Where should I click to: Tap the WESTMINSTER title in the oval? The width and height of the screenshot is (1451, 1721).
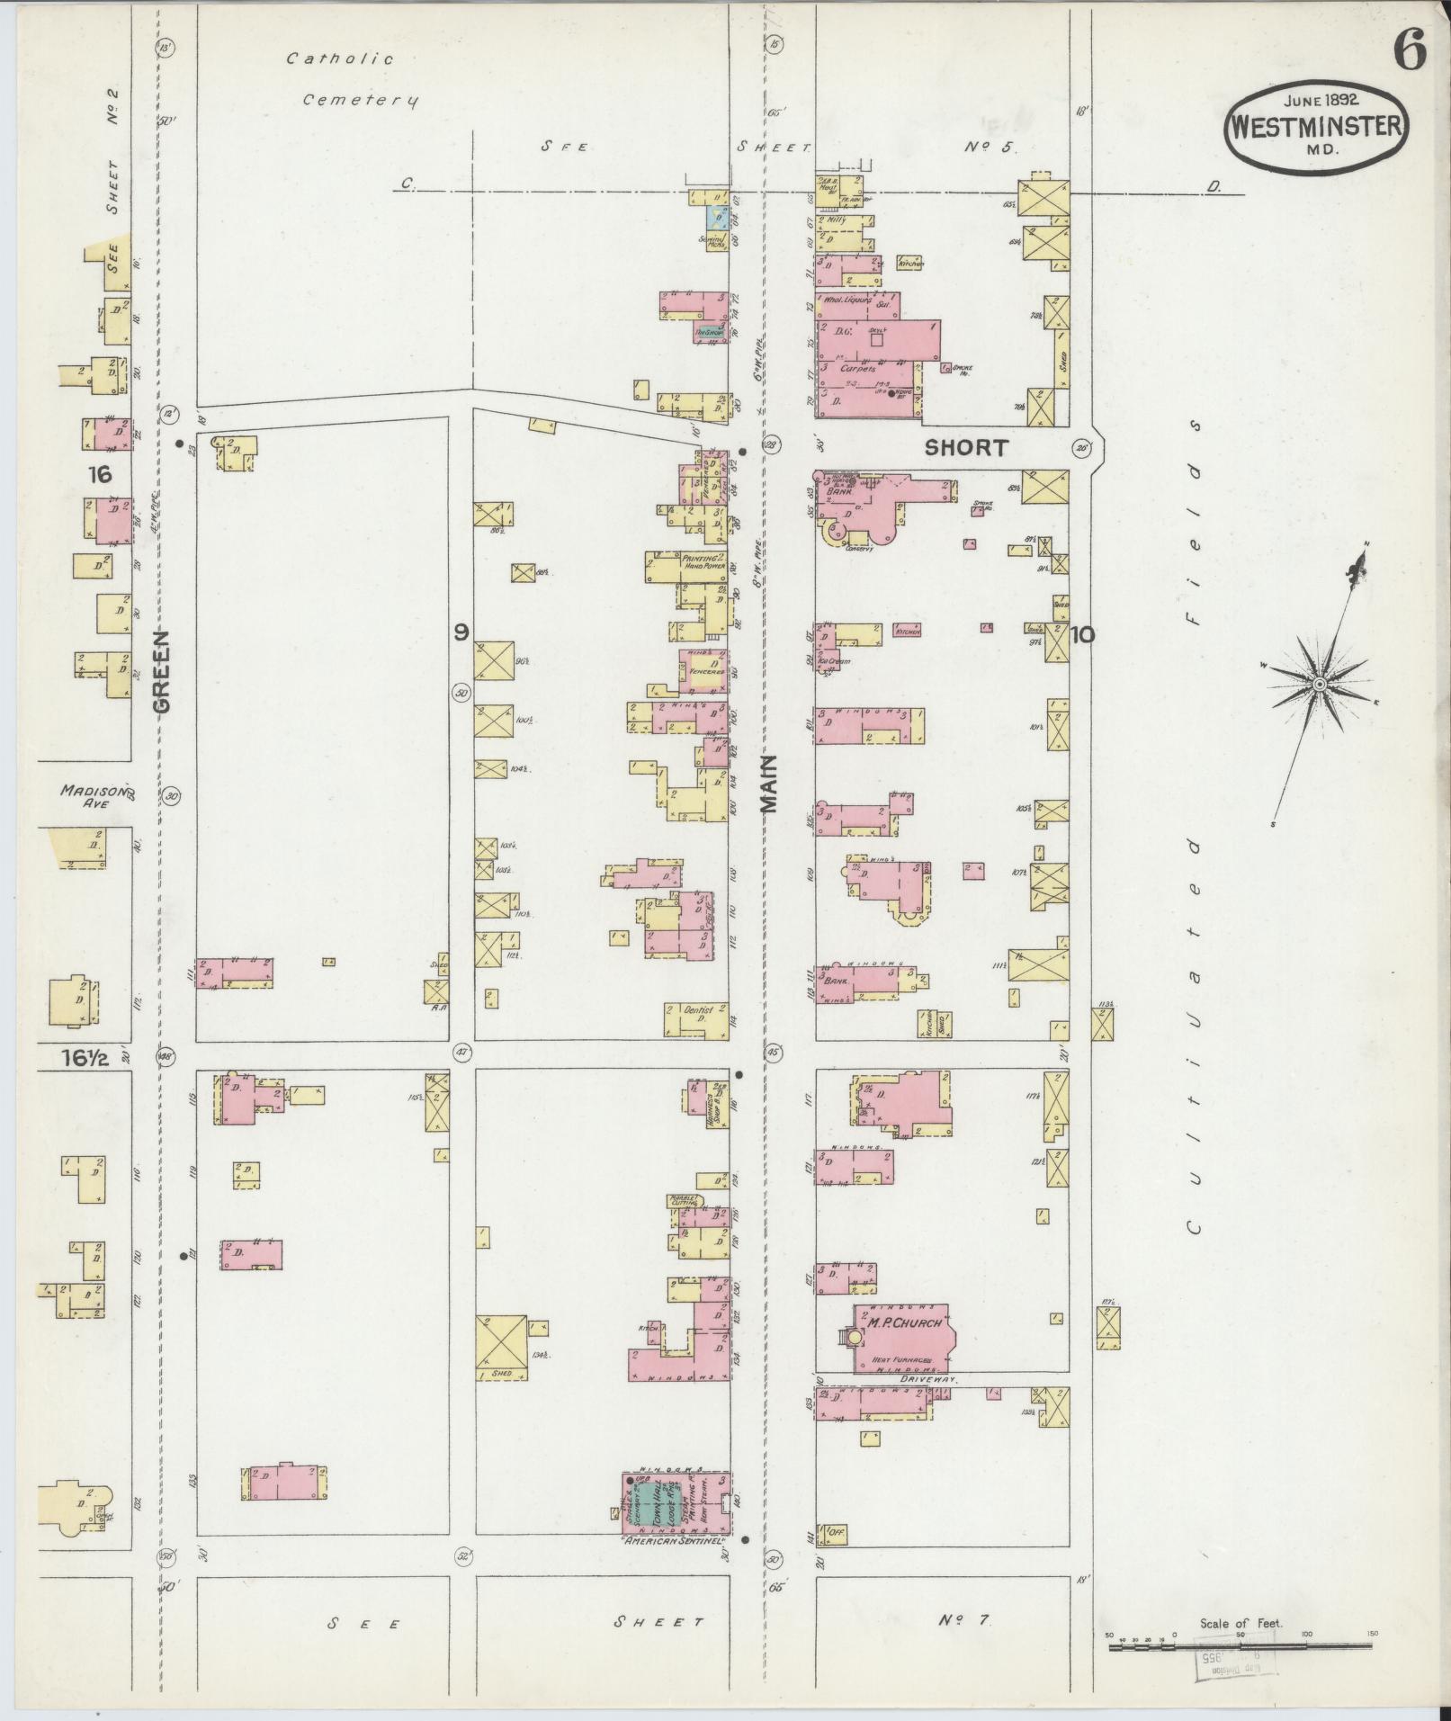(x=1314, y=126)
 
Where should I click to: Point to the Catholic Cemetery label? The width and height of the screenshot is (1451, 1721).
(x=351, y=79)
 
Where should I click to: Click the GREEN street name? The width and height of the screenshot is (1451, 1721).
(x=162, y=671)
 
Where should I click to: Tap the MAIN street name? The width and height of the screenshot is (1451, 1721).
(x=769, y=784)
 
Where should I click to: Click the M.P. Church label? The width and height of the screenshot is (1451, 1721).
(x=904, y=1322)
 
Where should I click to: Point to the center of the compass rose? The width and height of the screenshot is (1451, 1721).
(x=1318, y=686)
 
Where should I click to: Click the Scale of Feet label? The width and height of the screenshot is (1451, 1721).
(x=1241, y=1624)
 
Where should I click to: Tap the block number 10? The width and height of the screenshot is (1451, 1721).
(x=1082, y=635)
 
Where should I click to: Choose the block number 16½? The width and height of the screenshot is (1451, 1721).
(x=85, y=1059)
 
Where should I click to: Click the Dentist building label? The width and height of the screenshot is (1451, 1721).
(x=698, y=1011)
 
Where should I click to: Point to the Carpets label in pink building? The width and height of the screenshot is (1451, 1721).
(x=856, y=369)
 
